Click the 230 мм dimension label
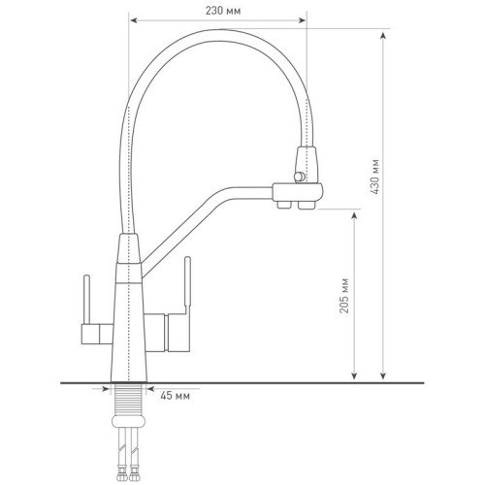coord(223,11)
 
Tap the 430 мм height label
coord(374,177)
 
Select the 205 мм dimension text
coord(344,296)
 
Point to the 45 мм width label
coord(175,396)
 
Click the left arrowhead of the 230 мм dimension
coord(134,20)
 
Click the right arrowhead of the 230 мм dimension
coord(302,20)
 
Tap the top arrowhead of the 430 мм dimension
coord(383,36)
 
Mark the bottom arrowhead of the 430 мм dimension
coord(383,374)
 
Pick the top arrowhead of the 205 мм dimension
coord(355,217)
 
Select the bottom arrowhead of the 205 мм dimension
coord(355,374)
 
